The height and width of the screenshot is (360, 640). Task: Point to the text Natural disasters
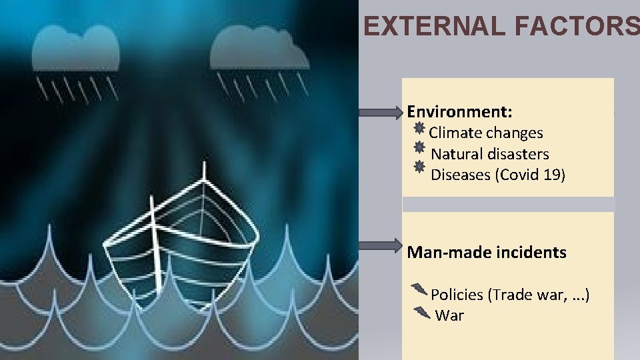point(490,154)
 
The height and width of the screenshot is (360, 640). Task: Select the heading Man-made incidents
point(487,253)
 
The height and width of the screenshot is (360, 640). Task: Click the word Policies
point(458,295)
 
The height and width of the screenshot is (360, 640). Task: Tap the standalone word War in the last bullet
point(449,315)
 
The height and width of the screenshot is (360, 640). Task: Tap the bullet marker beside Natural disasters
point(419,147)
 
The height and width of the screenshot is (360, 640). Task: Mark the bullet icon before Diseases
point(419,167)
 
